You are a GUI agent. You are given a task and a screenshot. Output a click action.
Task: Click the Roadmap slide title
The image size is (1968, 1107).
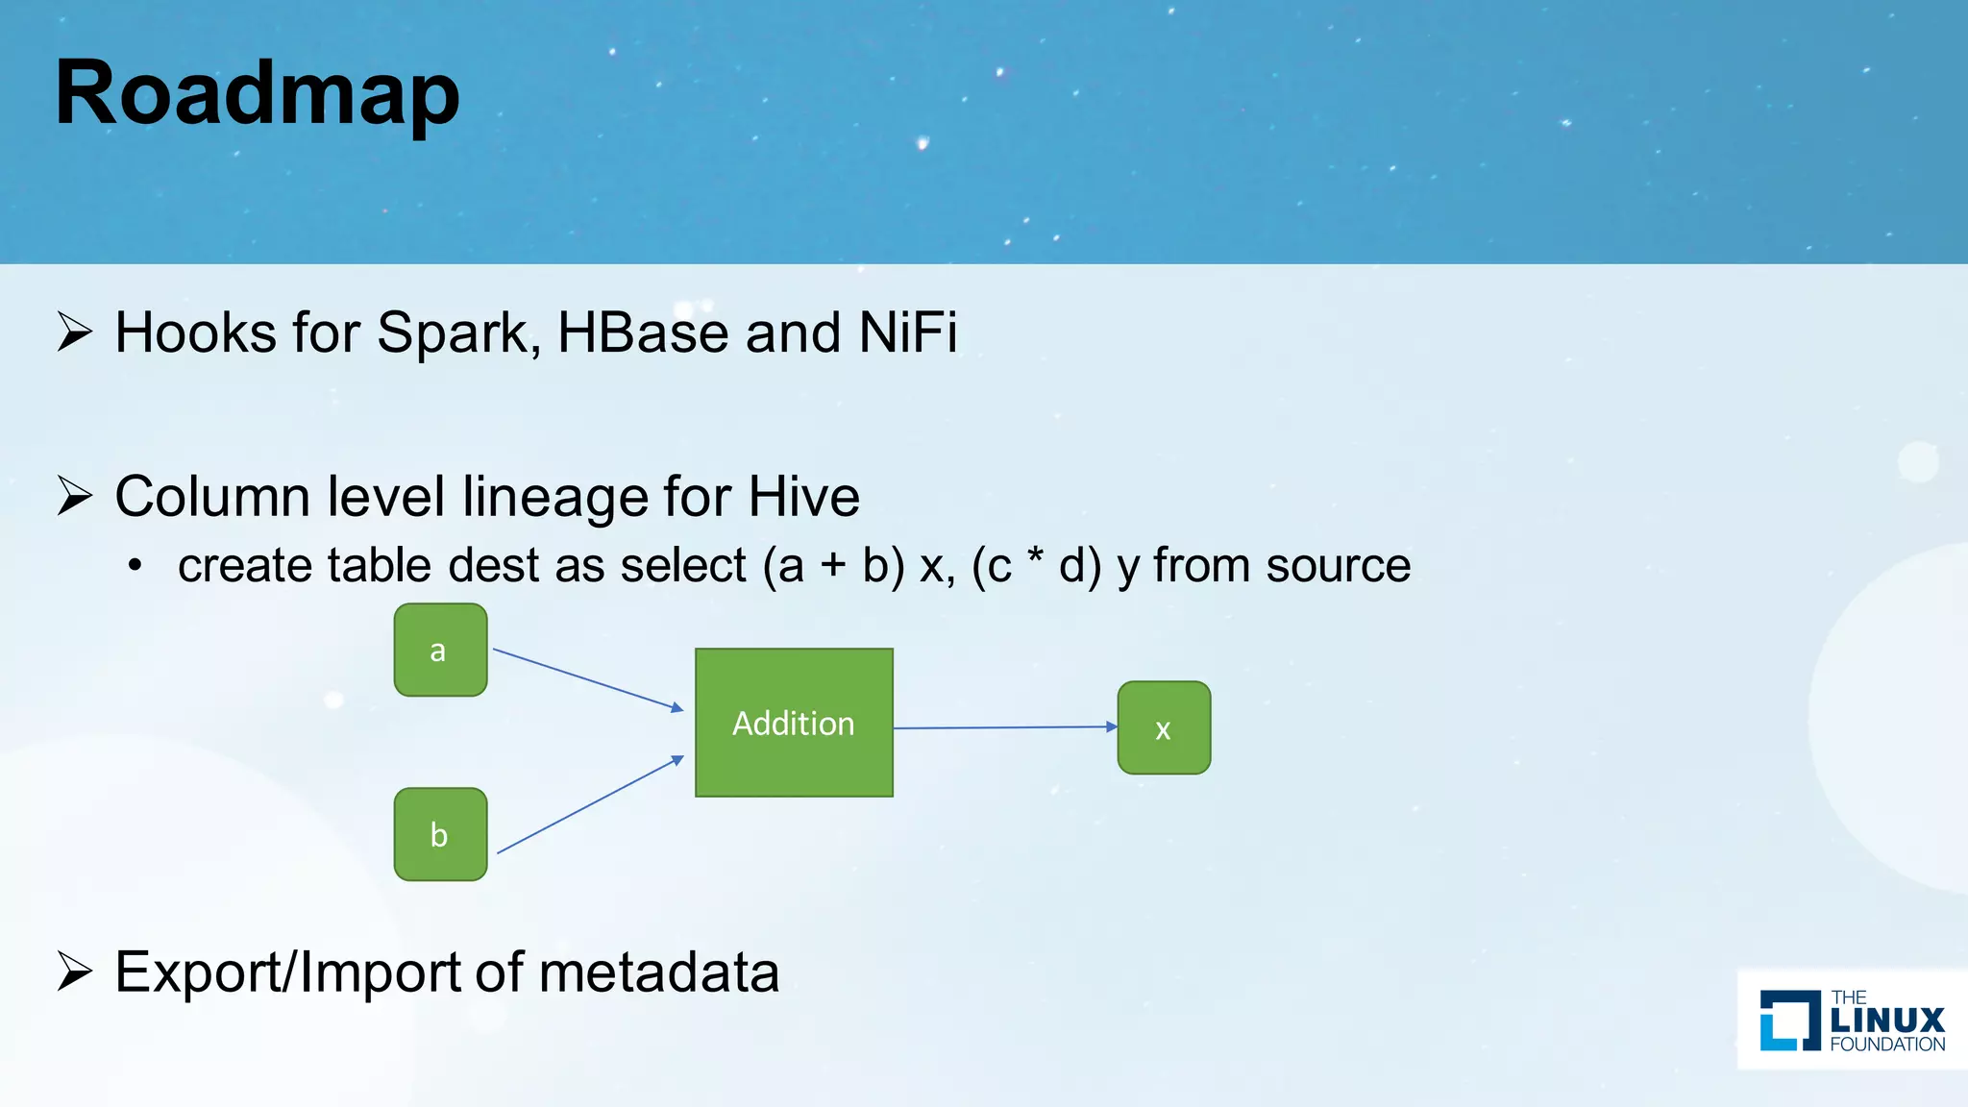[258, 93]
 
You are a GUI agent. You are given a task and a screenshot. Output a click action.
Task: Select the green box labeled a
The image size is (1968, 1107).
[440, 651]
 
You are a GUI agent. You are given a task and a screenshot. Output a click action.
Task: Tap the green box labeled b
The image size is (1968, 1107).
[440, 834]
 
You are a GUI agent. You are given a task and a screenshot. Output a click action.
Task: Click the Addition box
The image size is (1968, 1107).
[794, 723]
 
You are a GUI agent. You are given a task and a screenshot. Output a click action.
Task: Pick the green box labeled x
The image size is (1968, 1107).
[1164, 728]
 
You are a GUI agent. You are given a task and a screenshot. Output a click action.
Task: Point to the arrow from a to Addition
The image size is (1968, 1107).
[588, 679]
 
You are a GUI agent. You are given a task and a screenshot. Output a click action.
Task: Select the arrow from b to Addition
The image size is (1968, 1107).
[590, 805]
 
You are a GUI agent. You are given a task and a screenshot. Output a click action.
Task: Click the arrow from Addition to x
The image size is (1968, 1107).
[1004, 727]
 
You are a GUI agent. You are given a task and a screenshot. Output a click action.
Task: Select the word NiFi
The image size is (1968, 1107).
[907, 333]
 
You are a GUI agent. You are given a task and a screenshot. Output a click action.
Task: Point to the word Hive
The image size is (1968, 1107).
[803, 497]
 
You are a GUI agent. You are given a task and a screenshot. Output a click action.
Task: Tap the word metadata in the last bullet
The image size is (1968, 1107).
[659, 972]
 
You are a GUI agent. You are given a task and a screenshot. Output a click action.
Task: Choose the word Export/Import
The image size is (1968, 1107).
[288, 972]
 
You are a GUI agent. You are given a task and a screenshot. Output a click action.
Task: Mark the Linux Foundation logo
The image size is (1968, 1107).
[1851, 1020]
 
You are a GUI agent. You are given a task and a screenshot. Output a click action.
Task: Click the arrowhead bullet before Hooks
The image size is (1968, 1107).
[75, 332]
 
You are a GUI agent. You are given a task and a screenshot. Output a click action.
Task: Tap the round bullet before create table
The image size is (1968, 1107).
[135, 566]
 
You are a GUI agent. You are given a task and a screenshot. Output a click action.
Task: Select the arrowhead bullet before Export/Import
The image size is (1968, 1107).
[75, 972]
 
